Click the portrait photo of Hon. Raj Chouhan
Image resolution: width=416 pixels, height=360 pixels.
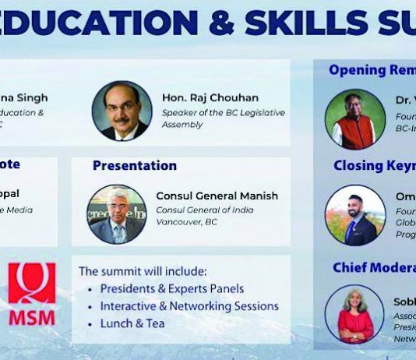point(122,111)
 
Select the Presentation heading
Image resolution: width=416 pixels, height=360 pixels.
point(134,165)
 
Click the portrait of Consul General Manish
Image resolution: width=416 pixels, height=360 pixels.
point(117,214)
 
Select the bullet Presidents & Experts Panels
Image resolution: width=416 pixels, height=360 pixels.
point(171,288)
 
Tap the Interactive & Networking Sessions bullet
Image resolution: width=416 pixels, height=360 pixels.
point(189,305)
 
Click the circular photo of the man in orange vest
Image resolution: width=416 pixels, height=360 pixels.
point(355,118)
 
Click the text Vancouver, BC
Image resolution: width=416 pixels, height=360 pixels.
point(186,221)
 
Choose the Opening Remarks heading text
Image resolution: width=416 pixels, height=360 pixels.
point(372,70)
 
